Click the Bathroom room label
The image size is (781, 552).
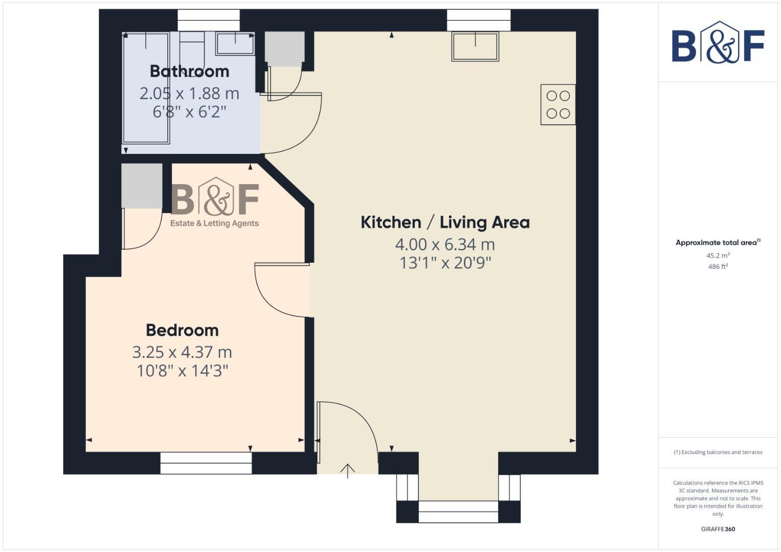189,71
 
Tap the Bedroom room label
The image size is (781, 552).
182,330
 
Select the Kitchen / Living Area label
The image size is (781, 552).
445,222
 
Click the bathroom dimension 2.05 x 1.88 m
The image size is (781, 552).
189,94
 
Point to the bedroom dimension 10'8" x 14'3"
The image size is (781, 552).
182,371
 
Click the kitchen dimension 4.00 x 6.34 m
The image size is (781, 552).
445,244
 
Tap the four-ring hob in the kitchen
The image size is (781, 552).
558,105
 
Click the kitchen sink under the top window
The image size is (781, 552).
475,47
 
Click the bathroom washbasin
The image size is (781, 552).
235,43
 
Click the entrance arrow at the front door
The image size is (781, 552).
348,470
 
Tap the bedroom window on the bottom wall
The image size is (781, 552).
206,463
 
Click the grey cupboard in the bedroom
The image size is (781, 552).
142,186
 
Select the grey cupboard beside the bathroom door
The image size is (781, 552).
284,49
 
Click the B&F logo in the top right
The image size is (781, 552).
718,43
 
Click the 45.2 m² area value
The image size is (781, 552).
718,256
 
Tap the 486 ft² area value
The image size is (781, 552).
718,267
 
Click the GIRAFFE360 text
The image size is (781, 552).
718,529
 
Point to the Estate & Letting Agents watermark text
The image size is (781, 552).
214,223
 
